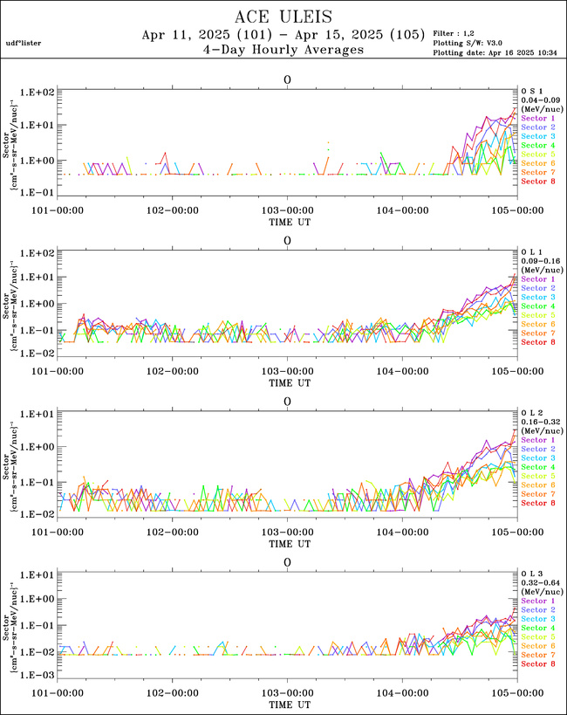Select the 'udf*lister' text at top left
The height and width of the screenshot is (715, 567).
coord(24,43)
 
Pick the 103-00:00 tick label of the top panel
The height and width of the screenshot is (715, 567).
coord(287,210)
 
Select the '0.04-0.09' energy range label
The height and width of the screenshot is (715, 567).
coord(540,99)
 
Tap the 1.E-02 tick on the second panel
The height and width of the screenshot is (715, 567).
coord(38,353)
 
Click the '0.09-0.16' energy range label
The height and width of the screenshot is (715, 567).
coord(540,260)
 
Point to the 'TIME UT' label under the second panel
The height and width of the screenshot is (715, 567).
coord(287,382)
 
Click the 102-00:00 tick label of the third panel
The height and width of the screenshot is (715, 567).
coord(172,532)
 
